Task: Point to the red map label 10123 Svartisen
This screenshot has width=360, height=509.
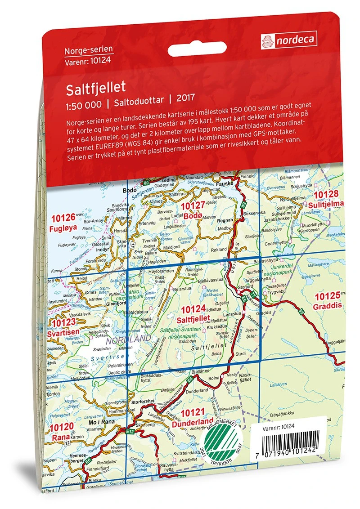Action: coord(65,327)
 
